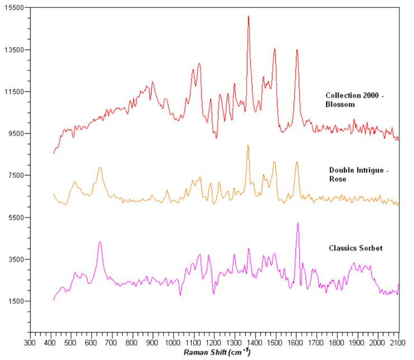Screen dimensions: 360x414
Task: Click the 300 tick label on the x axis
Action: (x=30, y=342)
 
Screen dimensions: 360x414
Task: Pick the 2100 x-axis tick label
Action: (x=398, y=342)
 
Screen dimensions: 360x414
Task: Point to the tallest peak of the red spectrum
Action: (x=248, y=16)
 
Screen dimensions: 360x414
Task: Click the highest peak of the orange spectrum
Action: (x=248, y=145)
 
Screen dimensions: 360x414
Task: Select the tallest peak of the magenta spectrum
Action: (x=298, y=223)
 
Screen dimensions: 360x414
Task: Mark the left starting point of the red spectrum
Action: (x=54, y=153)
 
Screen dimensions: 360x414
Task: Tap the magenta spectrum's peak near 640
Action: (x=100, y=242)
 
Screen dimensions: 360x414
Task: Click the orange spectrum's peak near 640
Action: (x=100, y=167)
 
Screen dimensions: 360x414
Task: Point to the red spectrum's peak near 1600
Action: (x=297, y=50)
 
